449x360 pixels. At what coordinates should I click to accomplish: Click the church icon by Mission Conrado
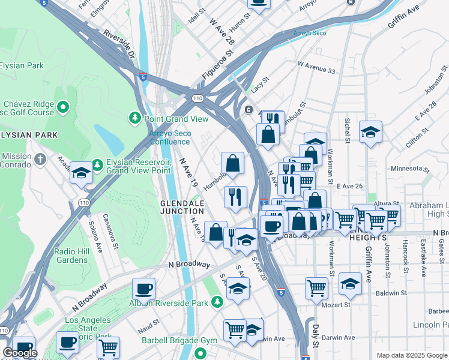tap(40, 160)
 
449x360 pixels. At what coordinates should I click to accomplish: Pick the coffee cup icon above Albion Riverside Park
tap(143, 288)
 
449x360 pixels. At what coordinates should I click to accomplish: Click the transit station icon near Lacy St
tap(249, 109)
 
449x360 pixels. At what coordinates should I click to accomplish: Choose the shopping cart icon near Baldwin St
tap(316, 287)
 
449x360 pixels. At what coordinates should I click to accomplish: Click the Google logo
tap(20, 353)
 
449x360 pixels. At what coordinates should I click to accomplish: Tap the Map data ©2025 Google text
tap(411, 355)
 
